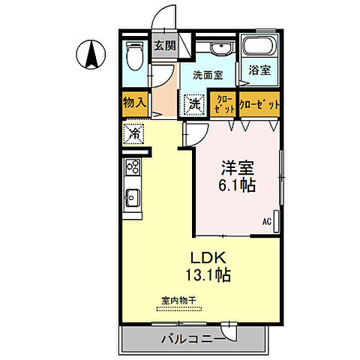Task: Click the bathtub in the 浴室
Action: (260, 46)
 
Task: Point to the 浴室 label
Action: (260, 70)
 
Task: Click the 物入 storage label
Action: (135, 103)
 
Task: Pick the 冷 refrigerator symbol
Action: (133, 135)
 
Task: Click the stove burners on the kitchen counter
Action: (132, 166)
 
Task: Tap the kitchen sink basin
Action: (132, 199)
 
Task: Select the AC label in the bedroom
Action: (266, 221)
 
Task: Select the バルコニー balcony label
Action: (192, 340)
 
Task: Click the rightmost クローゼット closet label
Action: (259, 103)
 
